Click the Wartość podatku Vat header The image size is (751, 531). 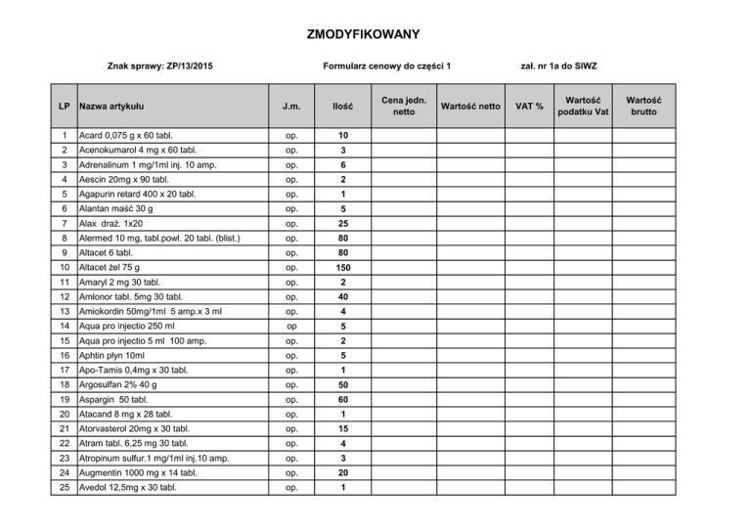pyautogui.click(x=584, y=106)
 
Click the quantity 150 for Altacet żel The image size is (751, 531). pyautogui.click(x=343, y=265)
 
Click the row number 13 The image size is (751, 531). pyautogui.click(x=63, y=312)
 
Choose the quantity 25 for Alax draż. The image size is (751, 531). pyautogui.click(x=343, y=223)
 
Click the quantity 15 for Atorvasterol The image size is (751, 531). pyautogui.click(x=343, y=429)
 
